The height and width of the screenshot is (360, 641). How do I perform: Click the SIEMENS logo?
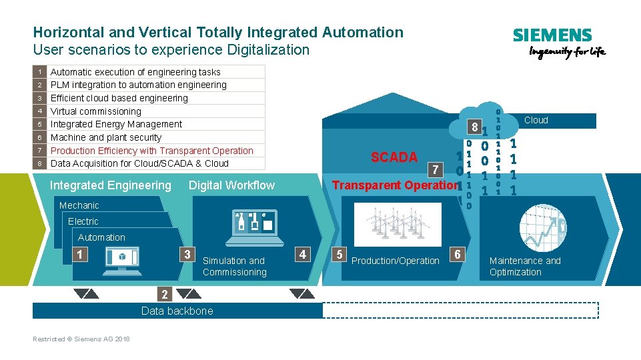(552, 36)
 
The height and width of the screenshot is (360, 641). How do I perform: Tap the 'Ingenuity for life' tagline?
(567, 53)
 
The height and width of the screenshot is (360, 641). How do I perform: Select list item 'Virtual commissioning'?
(96, 111)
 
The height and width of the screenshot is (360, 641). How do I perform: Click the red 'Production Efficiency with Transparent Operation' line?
(152, 151)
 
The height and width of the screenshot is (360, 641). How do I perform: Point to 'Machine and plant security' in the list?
(106, 137)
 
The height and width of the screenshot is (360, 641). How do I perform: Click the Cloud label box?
(536, 121)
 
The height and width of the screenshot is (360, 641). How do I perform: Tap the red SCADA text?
(394, 157)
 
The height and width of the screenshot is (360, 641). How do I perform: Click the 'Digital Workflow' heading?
(231, 185)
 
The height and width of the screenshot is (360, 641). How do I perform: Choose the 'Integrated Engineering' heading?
(111, 185)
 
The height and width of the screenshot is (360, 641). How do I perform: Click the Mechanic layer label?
(79, 205)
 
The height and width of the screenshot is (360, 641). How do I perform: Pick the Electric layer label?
(83, 221)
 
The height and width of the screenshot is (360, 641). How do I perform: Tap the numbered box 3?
(188, 254)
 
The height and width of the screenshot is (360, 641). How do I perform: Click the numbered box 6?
(457, 254)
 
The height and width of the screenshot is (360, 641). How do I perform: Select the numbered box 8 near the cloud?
(473, 127)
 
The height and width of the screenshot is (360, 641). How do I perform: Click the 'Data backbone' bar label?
(177, 311)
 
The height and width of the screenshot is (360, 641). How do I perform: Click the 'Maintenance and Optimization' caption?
(525, 266)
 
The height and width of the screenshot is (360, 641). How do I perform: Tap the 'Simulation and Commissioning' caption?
(234, 266)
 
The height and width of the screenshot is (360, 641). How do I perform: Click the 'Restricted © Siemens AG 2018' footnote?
(81, 339)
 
